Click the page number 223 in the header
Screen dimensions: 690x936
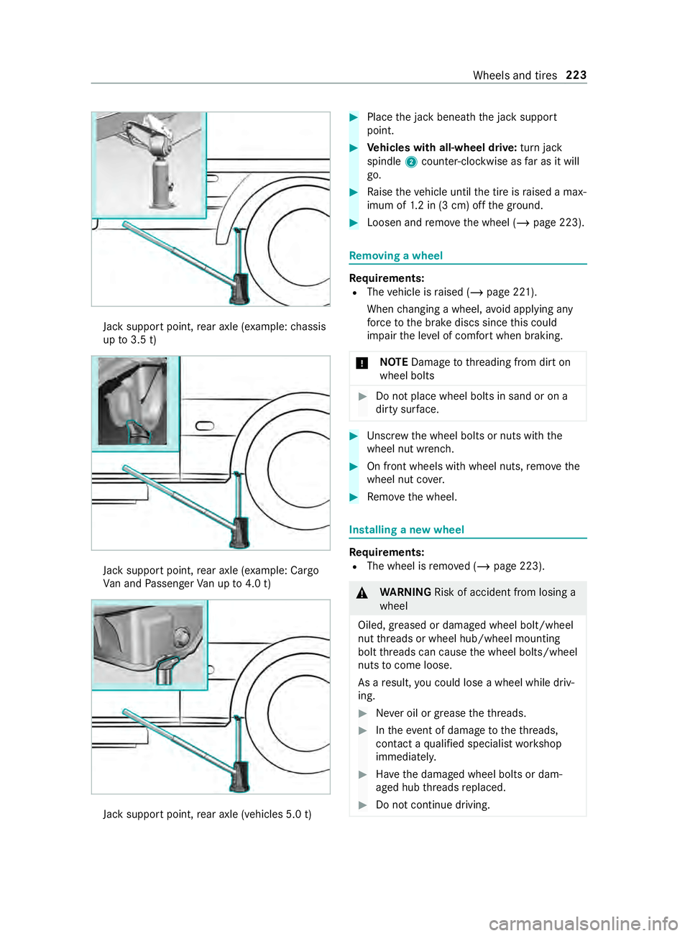(x=576, y=75)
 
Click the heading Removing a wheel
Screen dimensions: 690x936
(x=395, y=256)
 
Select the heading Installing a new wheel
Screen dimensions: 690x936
(x=406, y=530)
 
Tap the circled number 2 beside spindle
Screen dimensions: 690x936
(x=411, y=162)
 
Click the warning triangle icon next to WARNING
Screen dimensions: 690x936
(x=362, y=593)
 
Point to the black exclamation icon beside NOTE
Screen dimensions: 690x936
(x=362, y=363)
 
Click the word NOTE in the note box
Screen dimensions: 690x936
(x=394, y=362)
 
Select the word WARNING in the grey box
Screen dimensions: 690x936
(x=405, y=592)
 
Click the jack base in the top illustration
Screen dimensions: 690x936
(x=239, y=289)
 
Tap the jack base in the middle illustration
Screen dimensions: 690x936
(x=239, y=533)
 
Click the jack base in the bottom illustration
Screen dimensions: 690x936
(x=239, y=777)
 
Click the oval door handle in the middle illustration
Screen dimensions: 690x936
(x=205, y=426)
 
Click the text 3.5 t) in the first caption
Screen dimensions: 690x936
(x=143, y=340)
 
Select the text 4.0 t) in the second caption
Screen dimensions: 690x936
(x=258, y=584)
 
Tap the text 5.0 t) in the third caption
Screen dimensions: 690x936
(x=298, y=815)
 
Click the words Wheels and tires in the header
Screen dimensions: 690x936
(x=515, y=75)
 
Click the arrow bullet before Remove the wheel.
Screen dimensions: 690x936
(x=354, y=497)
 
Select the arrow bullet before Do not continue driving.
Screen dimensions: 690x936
(x=362, y=805)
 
